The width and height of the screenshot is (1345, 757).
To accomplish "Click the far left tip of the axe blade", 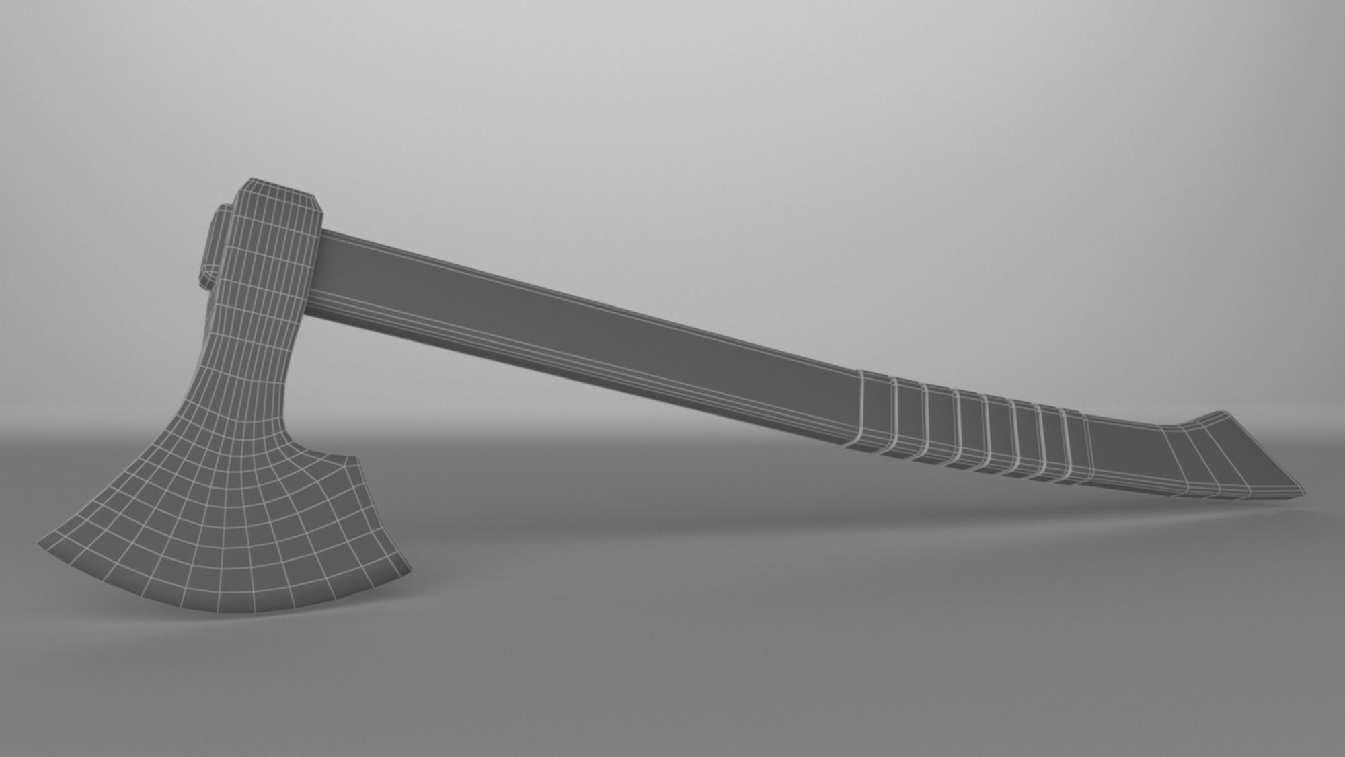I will click(x=42, y=542).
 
